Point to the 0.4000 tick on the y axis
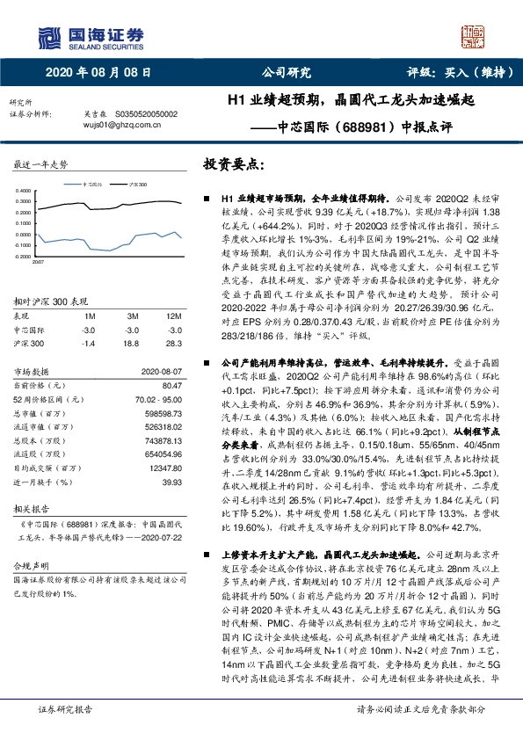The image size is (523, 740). coord(25,190)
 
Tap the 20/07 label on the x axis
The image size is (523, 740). coord(39,263)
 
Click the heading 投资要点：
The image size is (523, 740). coord(233,164)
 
